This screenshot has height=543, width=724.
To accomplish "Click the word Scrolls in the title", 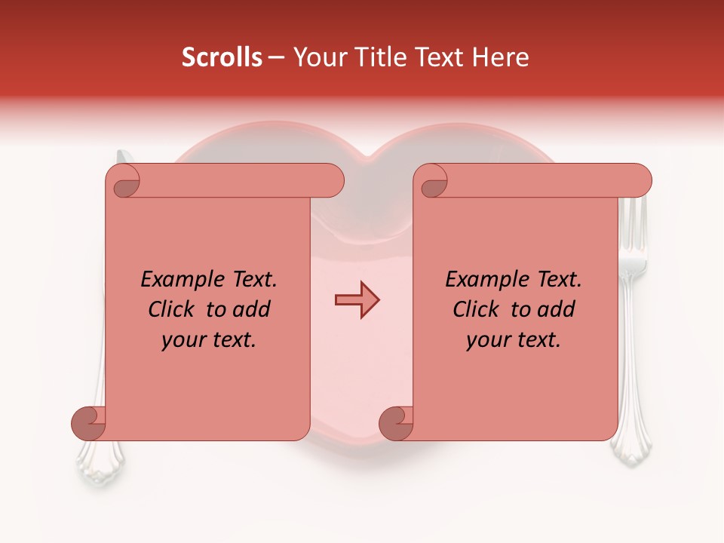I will (222, 57).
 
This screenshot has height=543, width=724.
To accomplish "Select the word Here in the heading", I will (501, 57).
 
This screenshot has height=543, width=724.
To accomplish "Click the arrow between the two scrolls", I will (357, 299).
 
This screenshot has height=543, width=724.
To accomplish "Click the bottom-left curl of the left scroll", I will (88, 423).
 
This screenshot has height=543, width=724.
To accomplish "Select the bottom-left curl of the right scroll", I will (396, 423).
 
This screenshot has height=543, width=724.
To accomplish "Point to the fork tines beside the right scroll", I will (633, 226).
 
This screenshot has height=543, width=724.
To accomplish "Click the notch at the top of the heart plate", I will (365, 158).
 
